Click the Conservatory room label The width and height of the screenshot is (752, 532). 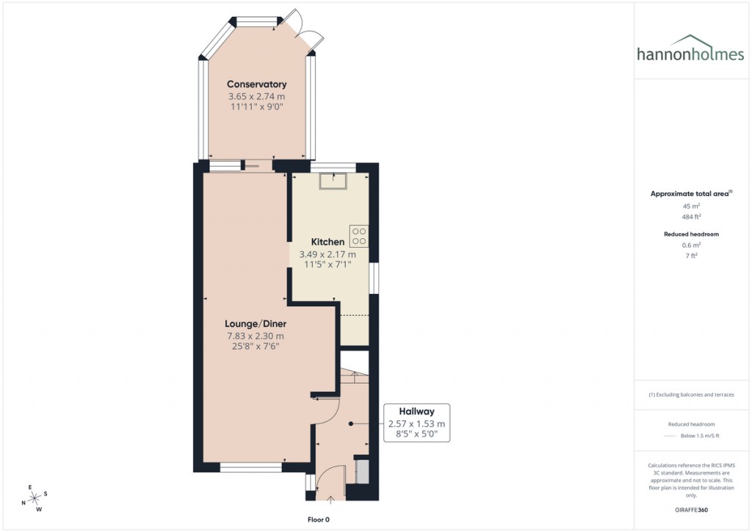(x=256, y=85)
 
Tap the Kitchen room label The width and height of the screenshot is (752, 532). (x=328, y=242)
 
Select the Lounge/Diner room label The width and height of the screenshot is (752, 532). (x=255, y=323)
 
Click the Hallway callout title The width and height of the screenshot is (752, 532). (x=416, y=411)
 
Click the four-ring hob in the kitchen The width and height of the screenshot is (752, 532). (x=359, y=236)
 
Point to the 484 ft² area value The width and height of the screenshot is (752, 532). (x=691, y=218)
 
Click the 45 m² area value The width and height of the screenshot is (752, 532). (x=691, y=206)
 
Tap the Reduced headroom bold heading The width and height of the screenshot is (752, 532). (x=691, y=234)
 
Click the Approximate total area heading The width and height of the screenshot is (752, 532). (x=691, y=194)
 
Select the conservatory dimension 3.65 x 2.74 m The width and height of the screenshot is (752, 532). (x=256, y=96)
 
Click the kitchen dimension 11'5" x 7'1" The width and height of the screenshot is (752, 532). (x=328, y=265)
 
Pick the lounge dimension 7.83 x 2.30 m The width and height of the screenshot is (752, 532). (x=255, y=336)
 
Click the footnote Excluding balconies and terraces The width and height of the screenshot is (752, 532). (x=691, y=395)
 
